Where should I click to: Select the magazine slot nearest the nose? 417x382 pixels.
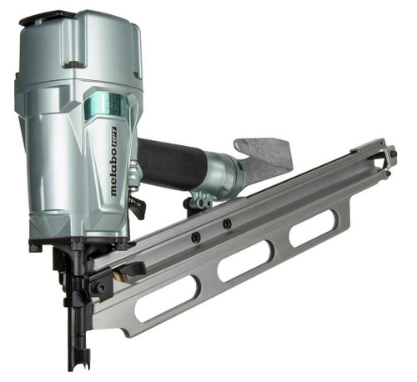point(167,302)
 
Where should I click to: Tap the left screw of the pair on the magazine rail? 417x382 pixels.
point(196,237)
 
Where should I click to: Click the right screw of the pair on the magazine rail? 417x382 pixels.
point(226,224)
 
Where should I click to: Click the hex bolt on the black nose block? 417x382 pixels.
point(100,288)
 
